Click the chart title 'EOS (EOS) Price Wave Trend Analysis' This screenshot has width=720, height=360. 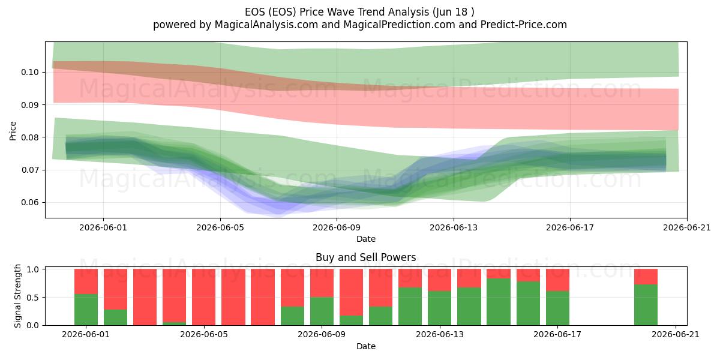(x=337, y=12)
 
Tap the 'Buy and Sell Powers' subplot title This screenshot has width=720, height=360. (x=366, y=257)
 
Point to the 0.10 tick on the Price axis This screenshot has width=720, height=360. (x=30, y=72)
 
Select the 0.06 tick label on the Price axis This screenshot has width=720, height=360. (x=30, y=203)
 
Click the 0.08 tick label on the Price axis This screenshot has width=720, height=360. (x=30, y=137)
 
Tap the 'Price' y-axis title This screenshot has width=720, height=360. (x=13, y=131)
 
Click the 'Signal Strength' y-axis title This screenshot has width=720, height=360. (x=17, y=296)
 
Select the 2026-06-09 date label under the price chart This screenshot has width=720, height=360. (x=337, y=227)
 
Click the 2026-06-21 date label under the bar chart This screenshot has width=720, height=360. (x=676, y=335)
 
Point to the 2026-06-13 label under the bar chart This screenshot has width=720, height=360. (x=439, y=335)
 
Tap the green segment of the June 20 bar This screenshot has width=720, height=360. (x=646, y=305)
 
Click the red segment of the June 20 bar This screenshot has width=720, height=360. (x=646, y=277)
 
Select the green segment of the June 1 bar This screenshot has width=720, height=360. (x=86, y=310)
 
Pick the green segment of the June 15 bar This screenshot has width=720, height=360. (x=499, y=302)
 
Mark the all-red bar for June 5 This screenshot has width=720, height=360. (x=204, y=297)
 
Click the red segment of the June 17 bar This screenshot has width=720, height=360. (x=557, y=280)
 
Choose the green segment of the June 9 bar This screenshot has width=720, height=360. (x=322, y=311)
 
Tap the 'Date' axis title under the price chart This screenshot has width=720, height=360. (x=366, y=239)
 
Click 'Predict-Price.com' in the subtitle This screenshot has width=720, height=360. (x=524, y=25)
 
